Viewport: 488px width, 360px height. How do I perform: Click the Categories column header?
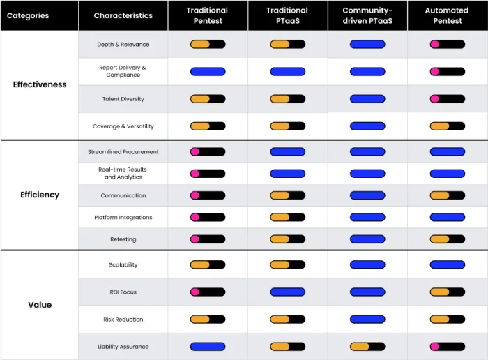pyautogui.click(x=28, y=15)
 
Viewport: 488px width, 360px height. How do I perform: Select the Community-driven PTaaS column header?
pyautogui.click(x=367, y=15)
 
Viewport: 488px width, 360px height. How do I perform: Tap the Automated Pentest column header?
pyautogui.click(x=447, y=15)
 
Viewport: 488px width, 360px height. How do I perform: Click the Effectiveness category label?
pyautogui.click(x=40, y=84)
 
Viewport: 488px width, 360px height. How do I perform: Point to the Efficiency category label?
pyautogui.click(x=40, y=195)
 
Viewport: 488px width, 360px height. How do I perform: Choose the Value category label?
pyautogui.click(x=40, y=305)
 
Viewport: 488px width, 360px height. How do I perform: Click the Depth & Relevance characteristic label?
pyautogui.click(x=123, y=45)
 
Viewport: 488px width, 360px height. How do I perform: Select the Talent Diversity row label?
pyautogui.click(x=123, y=99)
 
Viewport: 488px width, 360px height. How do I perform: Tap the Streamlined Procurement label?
pyautogui.click(x=123, y=152)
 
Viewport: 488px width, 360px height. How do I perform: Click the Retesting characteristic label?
pyautogui.click(x=123, y=239)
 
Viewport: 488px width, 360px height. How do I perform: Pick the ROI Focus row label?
pyautogui.click(x=123, y=292)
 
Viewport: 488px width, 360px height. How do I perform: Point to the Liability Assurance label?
pyautogui.click(x=123, y=347)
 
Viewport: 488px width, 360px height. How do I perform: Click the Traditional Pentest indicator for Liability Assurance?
pyautogui.click(x=208, y=346)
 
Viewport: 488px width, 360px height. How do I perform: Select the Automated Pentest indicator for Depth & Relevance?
pyautogui.click(x=448, y=44)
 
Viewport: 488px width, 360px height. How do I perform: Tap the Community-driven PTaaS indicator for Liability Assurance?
pyautogui.click(x=367, y=346)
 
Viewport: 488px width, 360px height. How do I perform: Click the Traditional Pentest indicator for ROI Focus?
pyautogui.click(x=208, y=292)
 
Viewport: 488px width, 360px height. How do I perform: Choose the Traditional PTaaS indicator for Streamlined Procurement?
pyautogui.click(x=287, y=151)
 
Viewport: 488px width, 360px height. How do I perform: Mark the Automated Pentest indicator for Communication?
pyautogui.click(x=448, y=195)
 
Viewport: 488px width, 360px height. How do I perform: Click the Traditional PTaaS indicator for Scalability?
pyautogui.click(x=287, y=264)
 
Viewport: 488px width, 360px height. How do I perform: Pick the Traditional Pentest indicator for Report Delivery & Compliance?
pyautogui.click(x=208, y=71)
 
